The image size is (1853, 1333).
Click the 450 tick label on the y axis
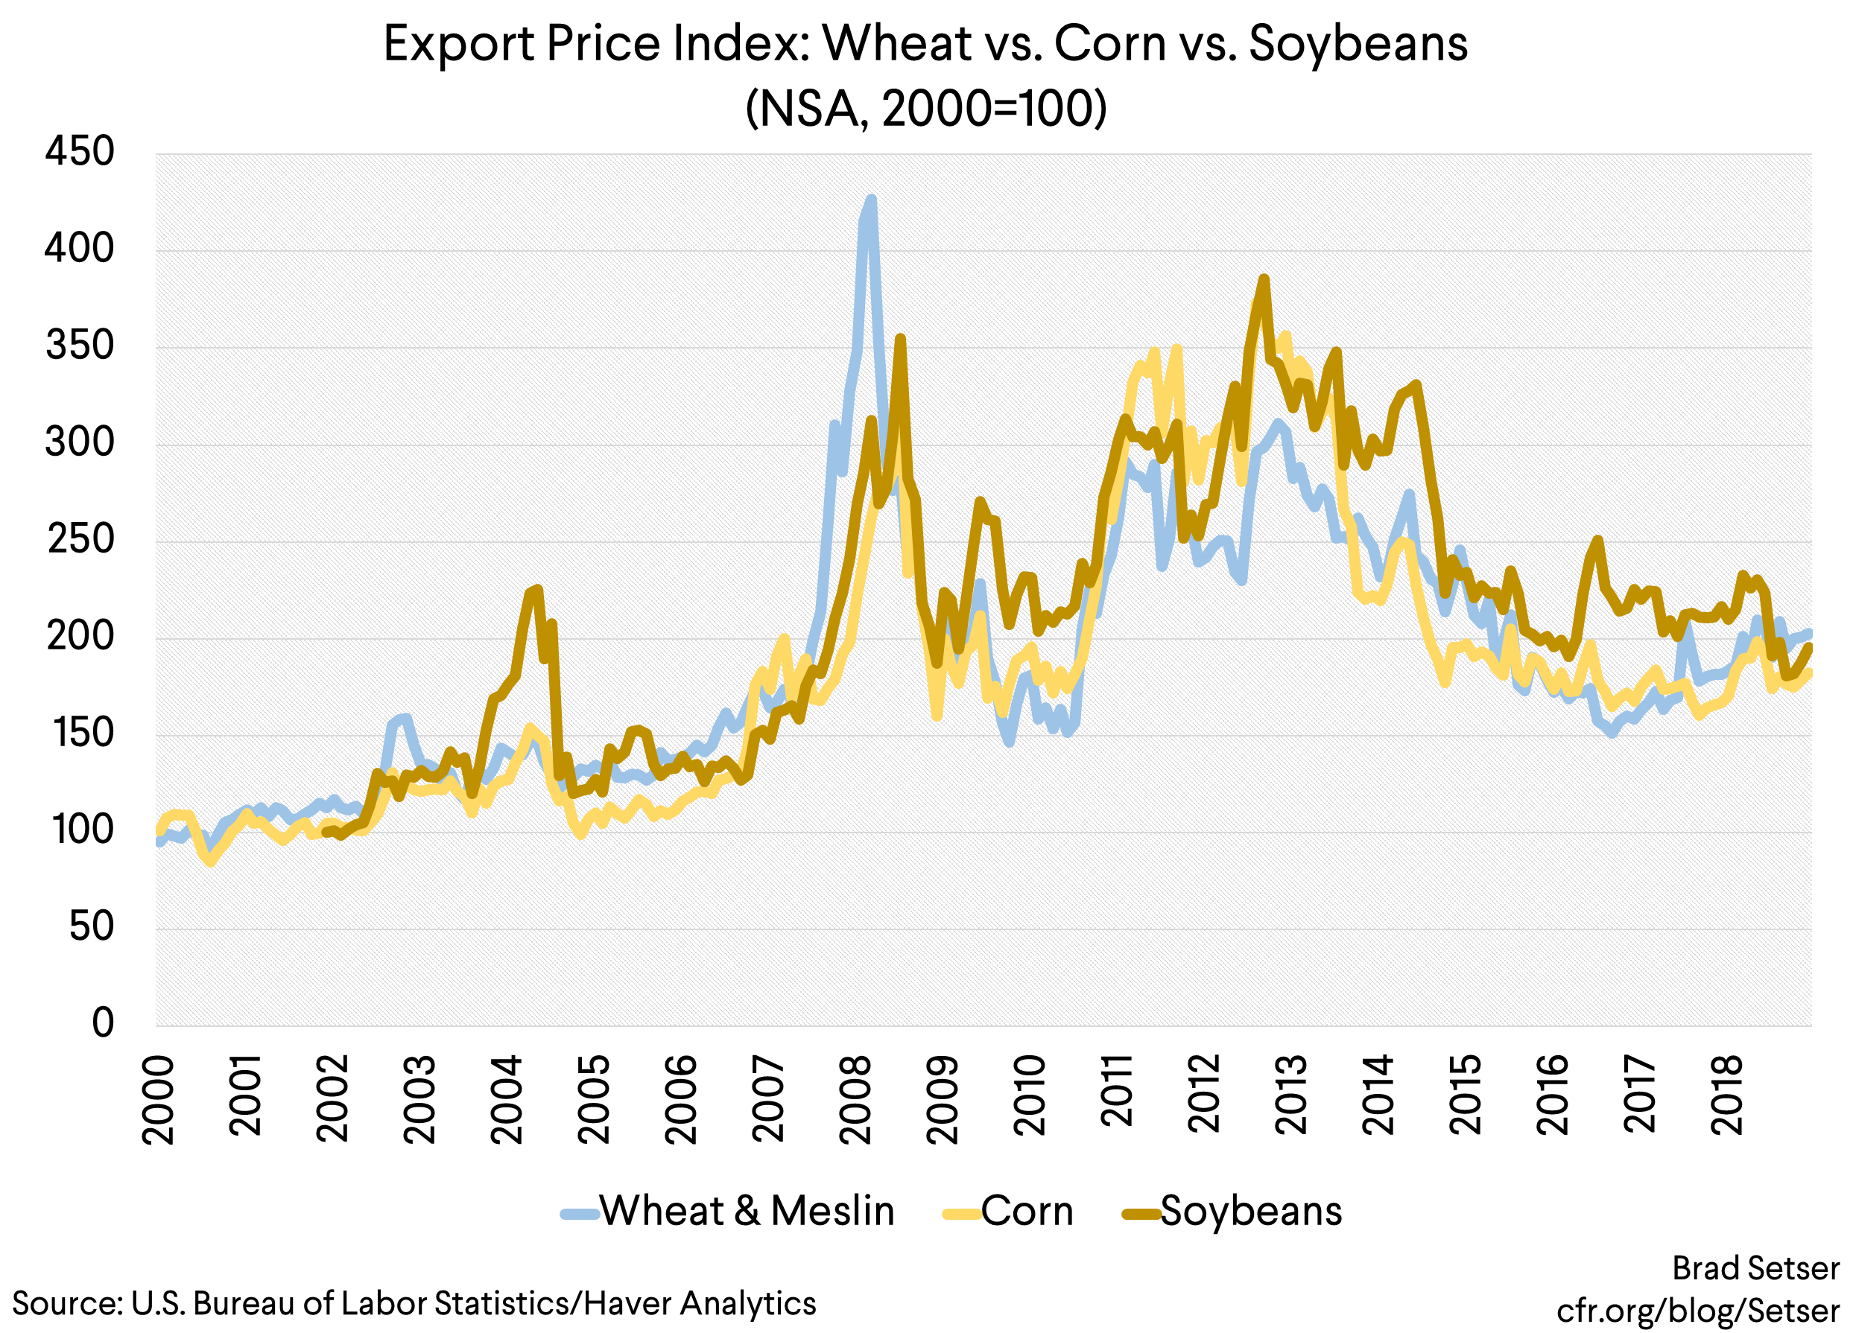[x=79, y=152]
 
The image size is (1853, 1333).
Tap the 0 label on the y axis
[x=102, y=1022]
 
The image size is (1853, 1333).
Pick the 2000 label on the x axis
[x=158, y=1098]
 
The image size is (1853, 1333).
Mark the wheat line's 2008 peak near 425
[x=871, y=199]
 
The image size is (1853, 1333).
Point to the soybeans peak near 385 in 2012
[x=1264, y=279]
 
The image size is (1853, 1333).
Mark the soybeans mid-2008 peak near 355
[x=899, y=337]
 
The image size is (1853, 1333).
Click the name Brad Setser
[x=1755, y=1267]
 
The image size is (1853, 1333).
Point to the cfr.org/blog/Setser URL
[x=1698, y=1310]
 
